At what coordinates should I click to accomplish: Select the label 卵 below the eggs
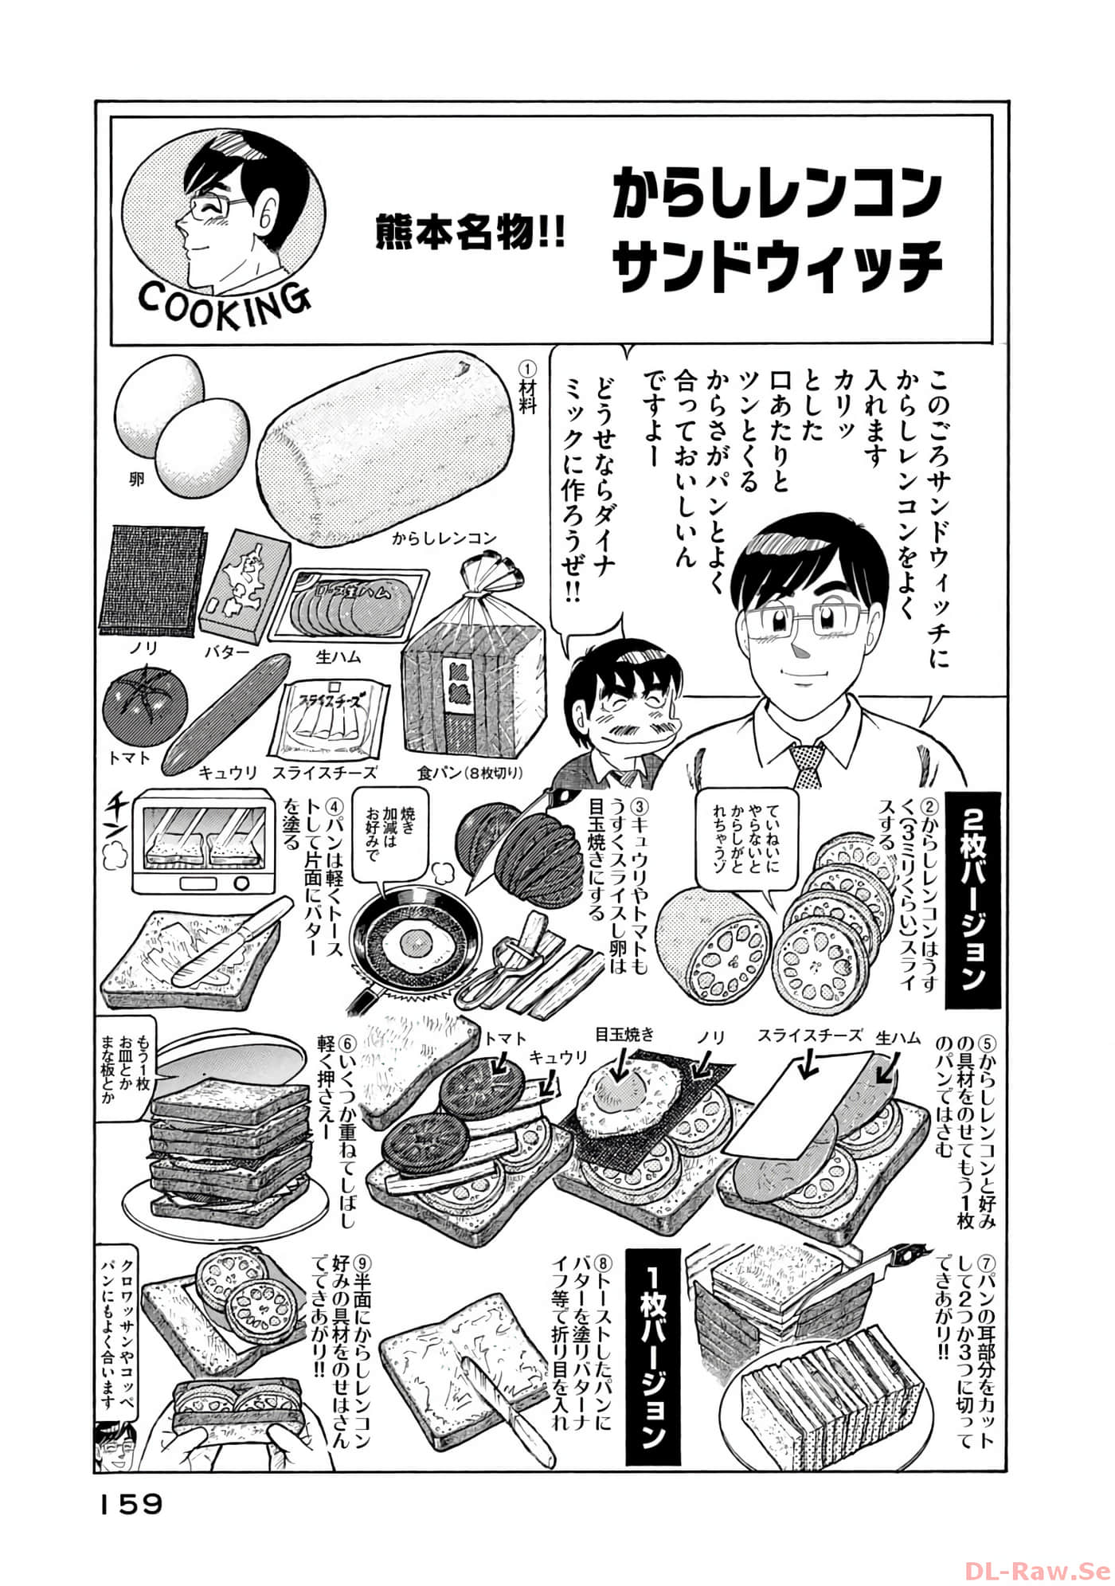pyautogui.click(x=136, y=481)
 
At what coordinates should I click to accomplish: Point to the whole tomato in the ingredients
pyautogui.click(x=146, y=701)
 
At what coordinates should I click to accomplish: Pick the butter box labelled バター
pyautogui.click(x=237, y=585)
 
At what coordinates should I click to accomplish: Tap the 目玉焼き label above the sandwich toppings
pyautogui.click(x=624, y=1034)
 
